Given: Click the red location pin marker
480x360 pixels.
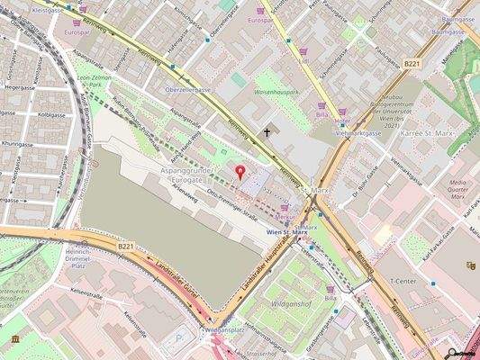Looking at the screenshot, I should pos(240,171).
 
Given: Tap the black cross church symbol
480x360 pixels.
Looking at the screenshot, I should pos(267,132).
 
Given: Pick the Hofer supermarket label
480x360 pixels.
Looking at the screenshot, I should pos(341,121).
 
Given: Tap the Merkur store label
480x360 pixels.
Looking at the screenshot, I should pos(287,217).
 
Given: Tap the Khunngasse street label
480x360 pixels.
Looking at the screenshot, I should pos(17,143).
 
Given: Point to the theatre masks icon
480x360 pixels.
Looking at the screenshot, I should pos(469,265).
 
